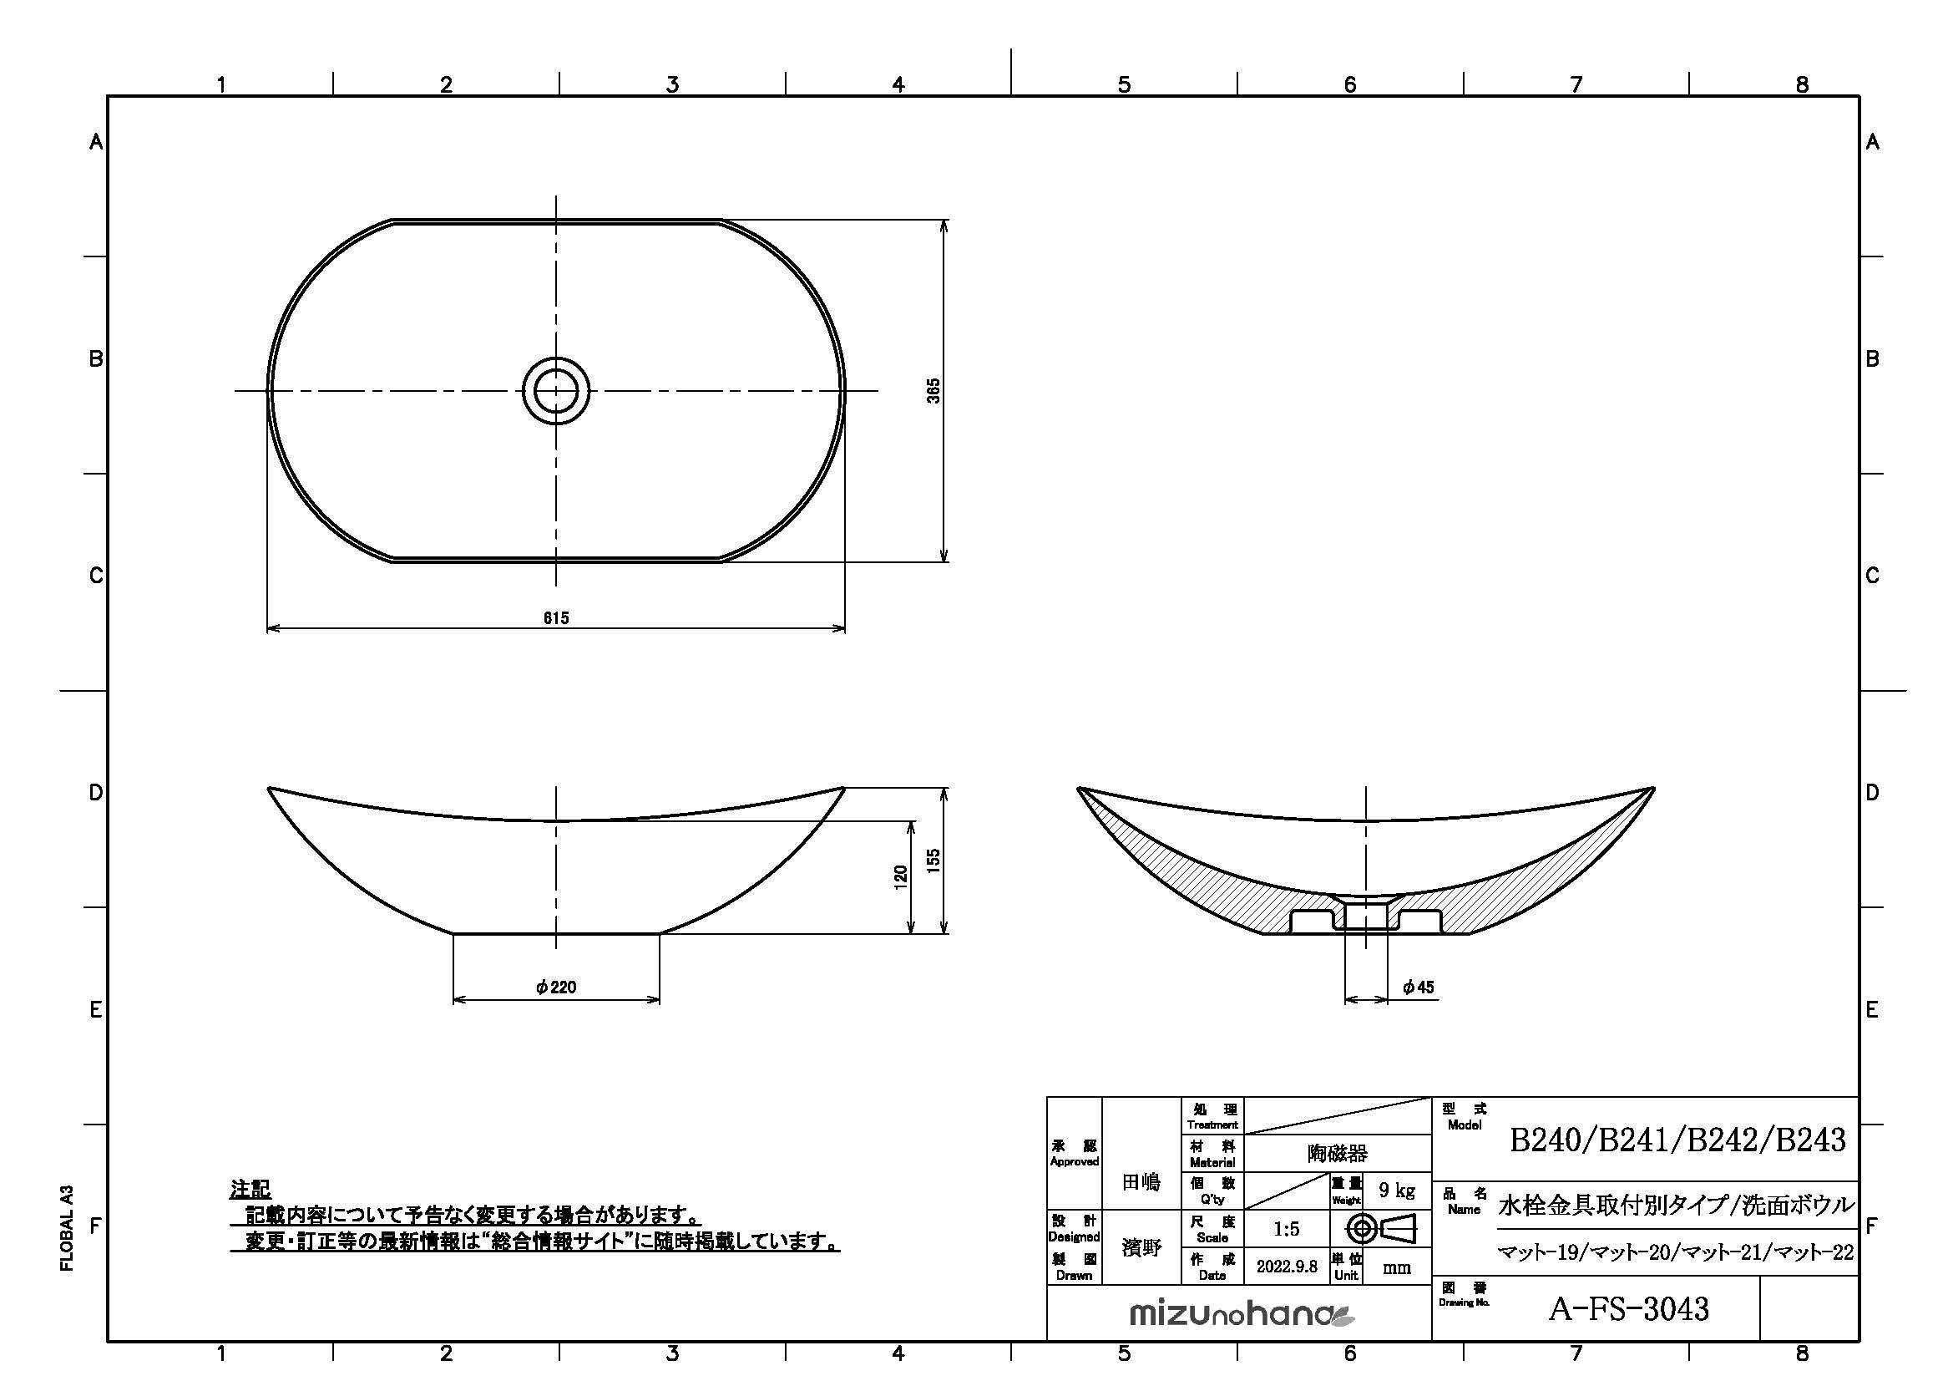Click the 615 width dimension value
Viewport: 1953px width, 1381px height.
(x=556, y=617)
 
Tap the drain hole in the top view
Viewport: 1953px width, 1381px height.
(x=556, y=390)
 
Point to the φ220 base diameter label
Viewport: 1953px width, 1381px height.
(x=556, y=987)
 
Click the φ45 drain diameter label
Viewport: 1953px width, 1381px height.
(x=1419, y=987)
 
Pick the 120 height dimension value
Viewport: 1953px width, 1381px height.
(x=901, y=877)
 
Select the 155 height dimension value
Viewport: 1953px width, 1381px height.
(x=934, y=861)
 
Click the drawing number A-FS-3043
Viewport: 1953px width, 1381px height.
(x=1628, y=1308)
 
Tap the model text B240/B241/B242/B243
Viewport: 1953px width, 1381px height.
(x=1677, y=1140)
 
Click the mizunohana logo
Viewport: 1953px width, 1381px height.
(x=1242, y=1316)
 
